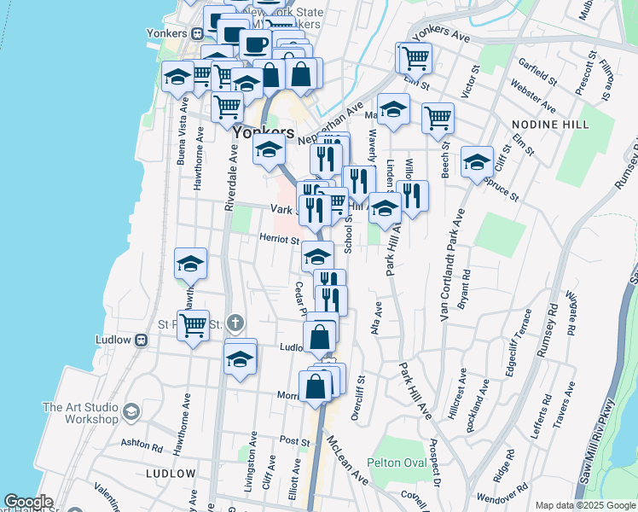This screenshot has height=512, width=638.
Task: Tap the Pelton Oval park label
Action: [396, 463]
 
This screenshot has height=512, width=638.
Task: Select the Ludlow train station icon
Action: [142, 340]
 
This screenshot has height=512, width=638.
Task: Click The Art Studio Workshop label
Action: [80, 413]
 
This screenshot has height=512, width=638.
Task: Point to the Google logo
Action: [28, 502]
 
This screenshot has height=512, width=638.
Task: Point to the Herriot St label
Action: [280, 241]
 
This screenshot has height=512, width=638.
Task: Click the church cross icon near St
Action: [235, 323]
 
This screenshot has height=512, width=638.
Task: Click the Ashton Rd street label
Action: [142, 445]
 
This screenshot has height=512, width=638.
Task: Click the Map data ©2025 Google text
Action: [584, 505]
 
